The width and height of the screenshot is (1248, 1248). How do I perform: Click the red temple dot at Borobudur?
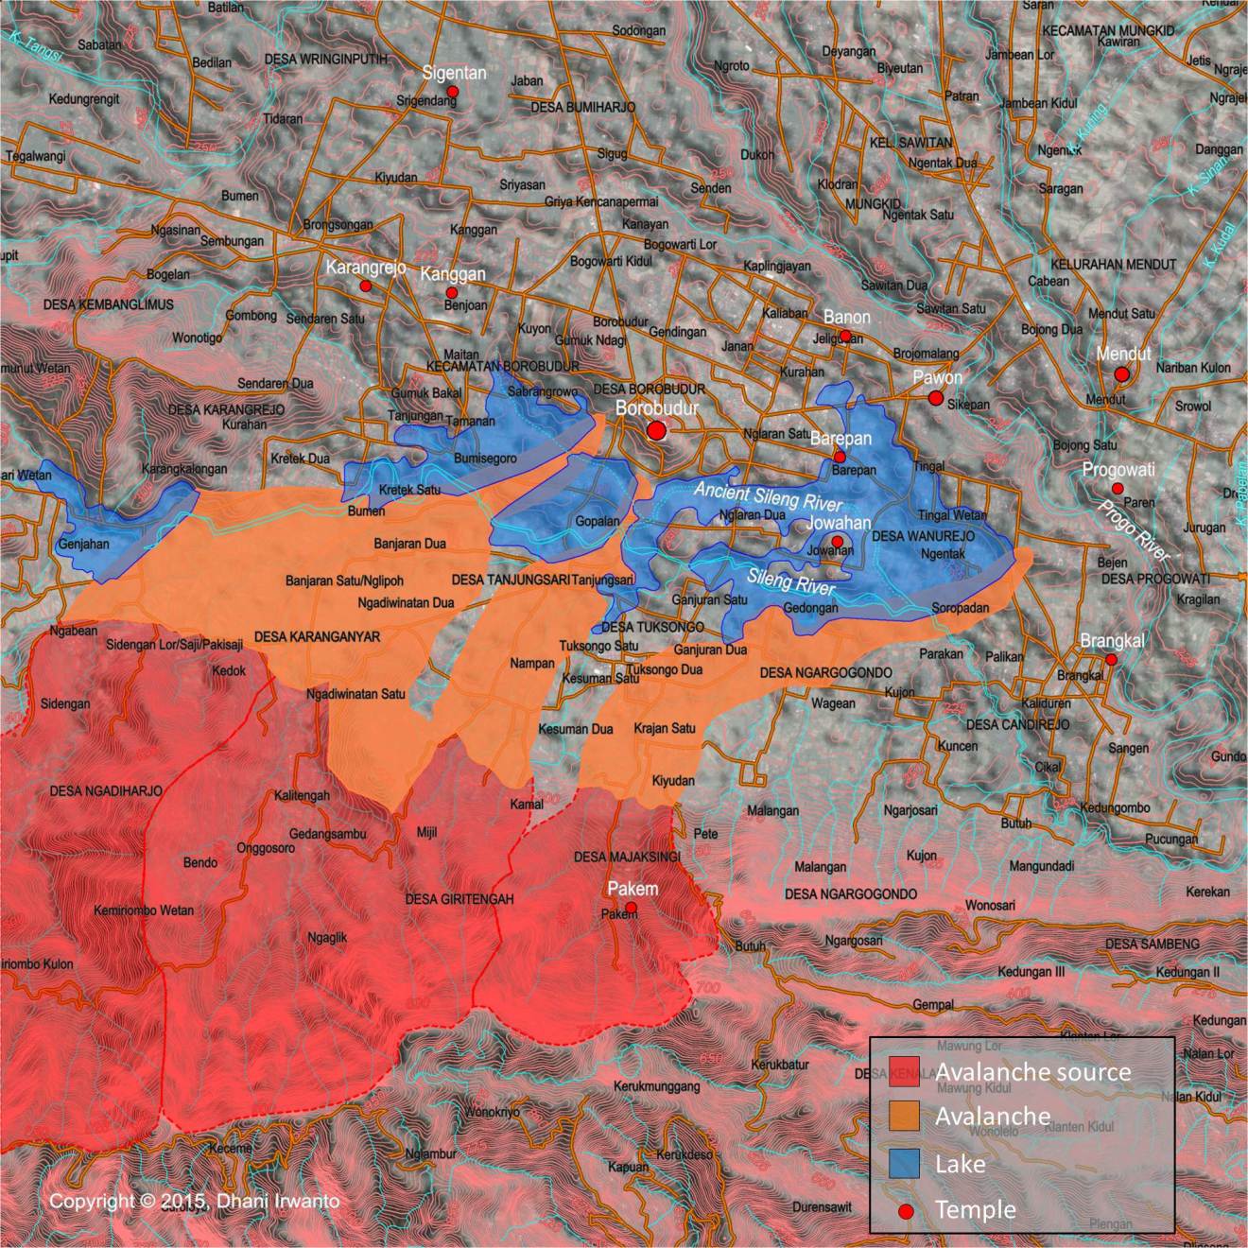pos(656,431)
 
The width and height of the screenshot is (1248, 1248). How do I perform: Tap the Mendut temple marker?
pos(1121,374)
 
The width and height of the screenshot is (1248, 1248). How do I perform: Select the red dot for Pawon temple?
pos(936,398)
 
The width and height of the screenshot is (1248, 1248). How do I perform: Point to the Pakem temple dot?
pos(632,908)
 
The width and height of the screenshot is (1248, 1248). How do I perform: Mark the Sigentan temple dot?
pos(453,92)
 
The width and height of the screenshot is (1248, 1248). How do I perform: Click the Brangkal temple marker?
pos(1112,659)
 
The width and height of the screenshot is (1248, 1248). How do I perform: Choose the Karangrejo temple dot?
pos(365,286)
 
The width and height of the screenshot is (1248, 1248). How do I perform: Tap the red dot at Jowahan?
pos(837,541)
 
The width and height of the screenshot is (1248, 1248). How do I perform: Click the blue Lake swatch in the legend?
pos(905,1163)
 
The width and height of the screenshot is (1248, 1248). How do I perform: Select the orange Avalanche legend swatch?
pos(905,1117)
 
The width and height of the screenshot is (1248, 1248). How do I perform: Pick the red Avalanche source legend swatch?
pos(905,1071)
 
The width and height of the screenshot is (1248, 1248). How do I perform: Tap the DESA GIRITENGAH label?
pos(459,899)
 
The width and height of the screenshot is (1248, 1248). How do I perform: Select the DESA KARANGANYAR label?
pos(317,637)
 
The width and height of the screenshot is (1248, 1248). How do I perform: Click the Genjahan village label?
pos(84,544)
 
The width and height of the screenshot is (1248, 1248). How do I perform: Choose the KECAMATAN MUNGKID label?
pos(1108,30)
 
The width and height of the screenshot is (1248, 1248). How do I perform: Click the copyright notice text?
pos(194,1201)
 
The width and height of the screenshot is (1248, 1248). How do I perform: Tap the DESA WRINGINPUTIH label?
pos(326,59)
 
